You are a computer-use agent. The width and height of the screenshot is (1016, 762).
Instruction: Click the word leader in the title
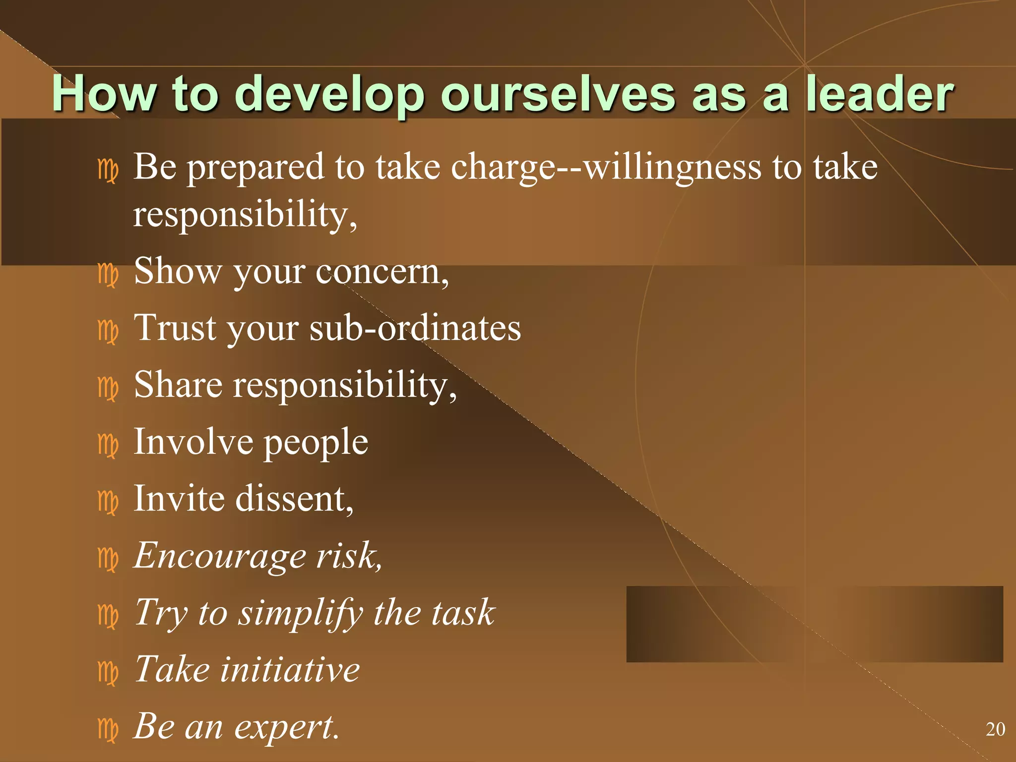pos(879,94)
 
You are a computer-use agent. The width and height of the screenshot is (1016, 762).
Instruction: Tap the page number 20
pos(995,729)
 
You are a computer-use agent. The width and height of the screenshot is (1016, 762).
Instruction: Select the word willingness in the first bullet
pos(672,168)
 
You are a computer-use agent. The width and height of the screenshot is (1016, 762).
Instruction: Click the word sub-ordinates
pos(415,328)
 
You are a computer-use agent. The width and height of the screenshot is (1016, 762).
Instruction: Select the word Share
pos(178,385)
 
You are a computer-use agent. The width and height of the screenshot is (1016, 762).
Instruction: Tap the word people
pos(316,443)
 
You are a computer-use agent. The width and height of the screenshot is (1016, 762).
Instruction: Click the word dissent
pos(294,499)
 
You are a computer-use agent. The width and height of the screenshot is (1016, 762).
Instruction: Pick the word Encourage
pos(220,556)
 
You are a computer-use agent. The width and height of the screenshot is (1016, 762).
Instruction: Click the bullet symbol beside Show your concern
pos(108,275)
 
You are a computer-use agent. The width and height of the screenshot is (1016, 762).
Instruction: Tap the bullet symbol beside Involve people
pos(108,445)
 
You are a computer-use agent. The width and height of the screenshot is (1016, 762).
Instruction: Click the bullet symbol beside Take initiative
pos(108,673)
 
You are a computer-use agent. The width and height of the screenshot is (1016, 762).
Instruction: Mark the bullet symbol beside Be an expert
pos(108,730)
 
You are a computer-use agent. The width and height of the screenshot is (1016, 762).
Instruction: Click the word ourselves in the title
pos(558,94)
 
